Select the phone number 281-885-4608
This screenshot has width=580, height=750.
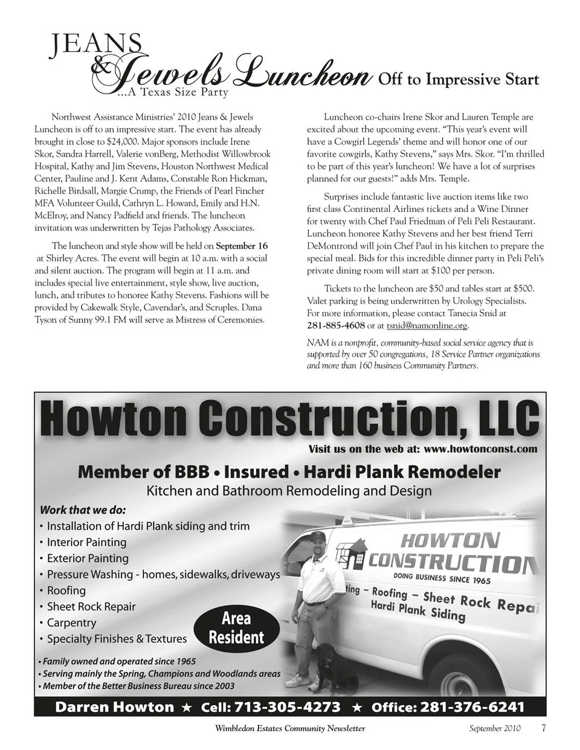tap(336, 325)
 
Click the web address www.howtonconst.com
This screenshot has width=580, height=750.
tap(480, 449)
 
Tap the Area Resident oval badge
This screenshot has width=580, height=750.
tap(236, 628)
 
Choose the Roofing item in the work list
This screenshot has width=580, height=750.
tap(66, 591)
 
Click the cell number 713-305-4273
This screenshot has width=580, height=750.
tap(287, 707)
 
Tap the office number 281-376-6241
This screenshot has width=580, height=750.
tap(472, 707)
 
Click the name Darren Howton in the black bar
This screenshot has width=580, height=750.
tap(114, 707)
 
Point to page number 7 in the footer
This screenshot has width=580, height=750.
tap(543, 728)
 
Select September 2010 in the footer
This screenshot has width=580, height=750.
tap(494, 728)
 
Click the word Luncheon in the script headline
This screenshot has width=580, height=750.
tap(302, 77)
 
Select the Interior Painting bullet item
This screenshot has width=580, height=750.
tap(86, 542)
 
